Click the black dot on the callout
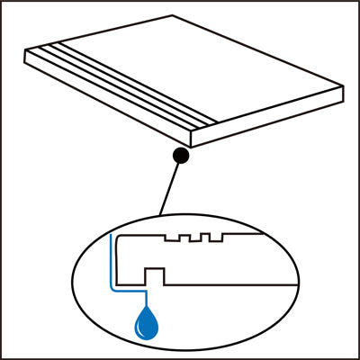click(x=181, y=156)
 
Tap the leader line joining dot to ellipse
click(x=170, y=186)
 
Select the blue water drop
click(x=143, y=325)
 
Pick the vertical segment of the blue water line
click(x=110, y=261)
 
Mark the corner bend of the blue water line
click(x=111, y=291)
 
